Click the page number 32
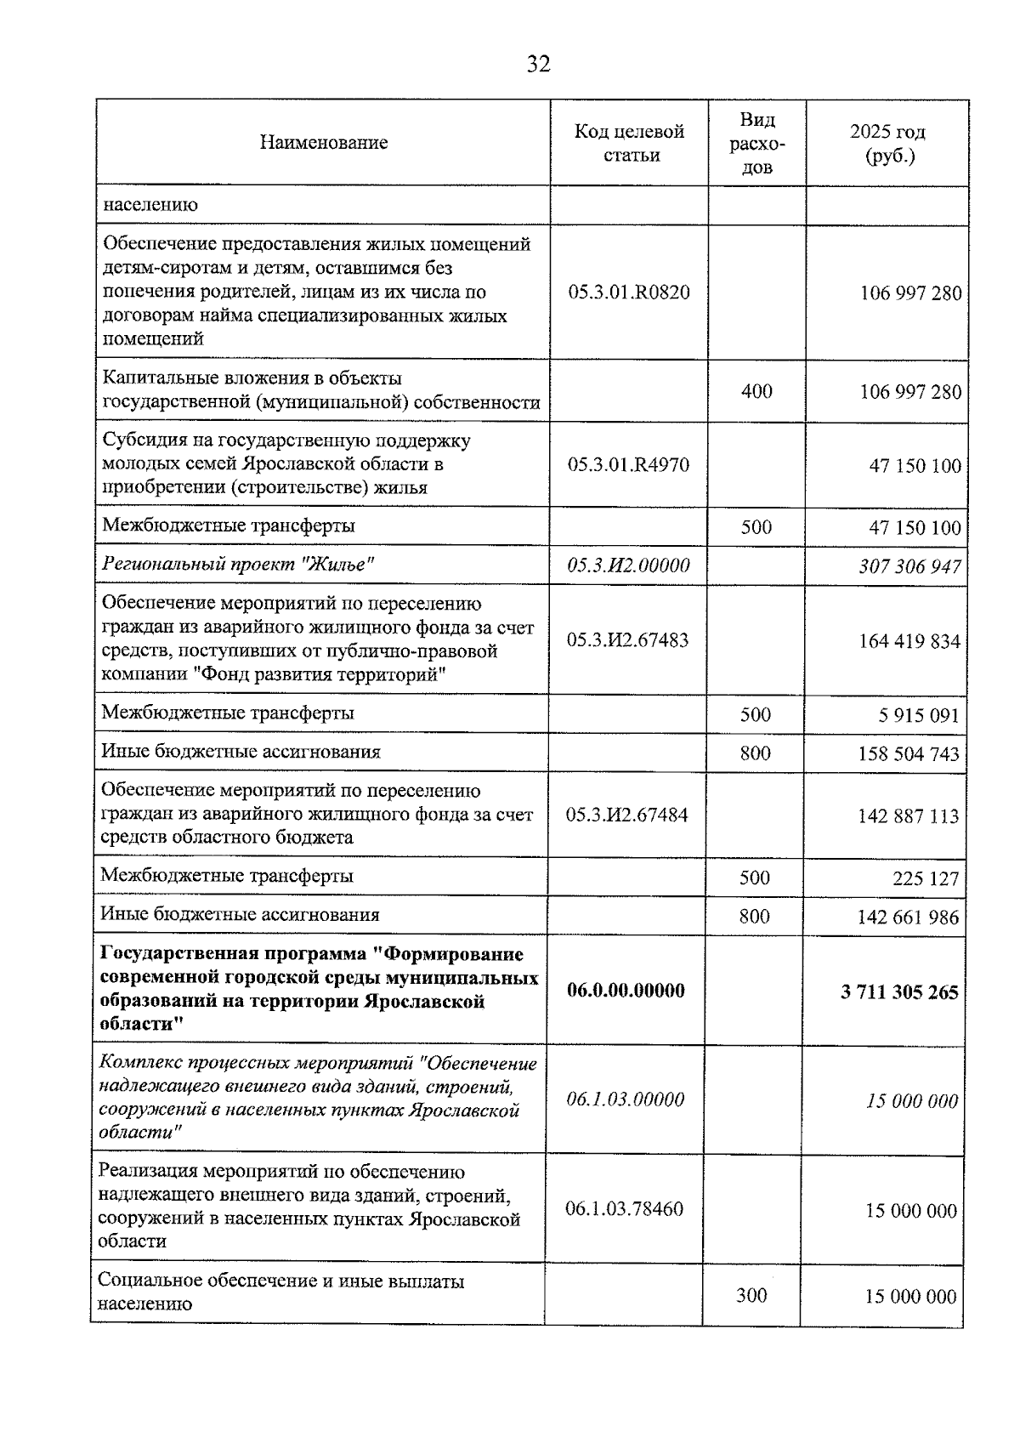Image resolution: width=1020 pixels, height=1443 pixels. point(538,65)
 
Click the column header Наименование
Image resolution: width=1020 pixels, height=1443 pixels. point(323,143)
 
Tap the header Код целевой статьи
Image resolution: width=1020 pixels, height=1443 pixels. point(629,143)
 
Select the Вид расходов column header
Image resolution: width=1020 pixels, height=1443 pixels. point(756,143)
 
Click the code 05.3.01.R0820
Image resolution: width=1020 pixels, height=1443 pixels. point(629,293)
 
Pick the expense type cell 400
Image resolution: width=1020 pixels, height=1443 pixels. point(756,391)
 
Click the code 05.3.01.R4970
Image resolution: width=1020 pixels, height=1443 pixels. point(629,465)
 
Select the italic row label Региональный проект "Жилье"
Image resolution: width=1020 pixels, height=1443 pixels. point(239,565)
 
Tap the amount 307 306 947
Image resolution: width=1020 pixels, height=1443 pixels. point(909,566)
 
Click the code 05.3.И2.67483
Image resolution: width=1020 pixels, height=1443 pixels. point(628,640)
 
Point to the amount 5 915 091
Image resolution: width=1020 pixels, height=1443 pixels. point(919,716)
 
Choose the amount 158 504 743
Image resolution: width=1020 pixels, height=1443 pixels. point(909,754)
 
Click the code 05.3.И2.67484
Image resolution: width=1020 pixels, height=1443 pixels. point(627,815)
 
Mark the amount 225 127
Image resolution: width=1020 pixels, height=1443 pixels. point(926,878)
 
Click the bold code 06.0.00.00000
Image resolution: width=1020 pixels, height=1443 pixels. point(626,991)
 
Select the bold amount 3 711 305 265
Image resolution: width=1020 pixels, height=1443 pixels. point(899,992)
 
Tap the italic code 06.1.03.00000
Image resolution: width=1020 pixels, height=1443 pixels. point(626,1099)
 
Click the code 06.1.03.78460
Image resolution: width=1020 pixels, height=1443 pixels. point(625,1209)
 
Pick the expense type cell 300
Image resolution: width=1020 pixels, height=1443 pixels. point(751,1295)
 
